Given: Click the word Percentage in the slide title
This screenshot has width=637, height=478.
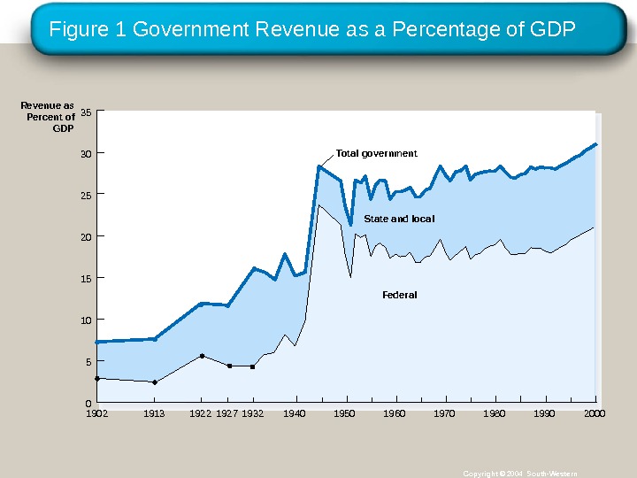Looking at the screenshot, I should pos(434,30).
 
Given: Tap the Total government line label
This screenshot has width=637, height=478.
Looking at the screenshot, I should pos(376,153).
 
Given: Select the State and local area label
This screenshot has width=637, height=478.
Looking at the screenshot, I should pos(399,219).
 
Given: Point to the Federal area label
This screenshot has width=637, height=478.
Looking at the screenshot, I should pos(399,295).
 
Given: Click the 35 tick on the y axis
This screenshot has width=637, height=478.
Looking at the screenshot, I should pos(86,112).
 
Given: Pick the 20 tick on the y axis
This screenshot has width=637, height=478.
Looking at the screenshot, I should pos(86,236).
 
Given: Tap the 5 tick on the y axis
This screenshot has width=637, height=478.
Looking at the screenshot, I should pos(88,362).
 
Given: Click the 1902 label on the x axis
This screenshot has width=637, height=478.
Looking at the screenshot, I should pos(96,413).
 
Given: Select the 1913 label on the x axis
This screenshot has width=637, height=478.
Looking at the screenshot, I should pos(154,413).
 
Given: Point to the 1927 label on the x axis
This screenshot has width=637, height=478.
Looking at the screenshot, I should pos(228,413).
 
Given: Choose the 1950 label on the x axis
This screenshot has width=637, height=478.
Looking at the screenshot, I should pos(345,413).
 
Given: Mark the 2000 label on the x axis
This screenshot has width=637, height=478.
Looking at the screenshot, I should pos(595,413).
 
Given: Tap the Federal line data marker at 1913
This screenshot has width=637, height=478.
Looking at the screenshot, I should pos(155,382).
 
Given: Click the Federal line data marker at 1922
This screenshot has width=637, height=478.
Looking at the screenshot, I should pos(202,356).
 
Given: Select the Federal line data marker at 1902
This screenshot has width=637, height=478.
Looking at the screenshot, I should pos(97,378).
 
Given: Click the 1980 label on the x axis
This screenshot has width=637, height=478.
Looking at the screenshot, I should pos(495,413).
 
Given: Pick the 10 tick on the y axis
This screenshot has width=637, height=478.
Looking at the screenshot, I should pos(86,320).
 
